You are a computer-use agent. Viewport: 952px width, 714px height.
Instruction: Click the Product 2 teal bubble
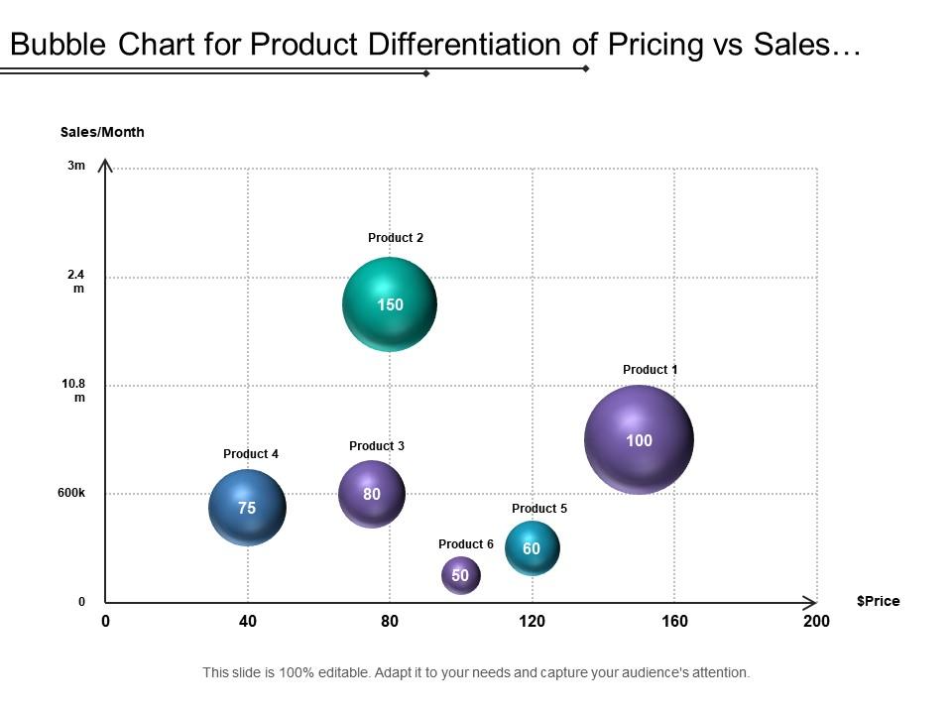click(x=390, y=304)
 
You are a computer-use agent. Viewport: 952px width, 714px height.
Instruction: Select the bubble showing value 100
click(x=639, y=439)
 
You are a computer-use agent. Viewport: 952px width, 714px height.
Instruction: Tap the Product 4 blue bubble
click(x=247, y=508)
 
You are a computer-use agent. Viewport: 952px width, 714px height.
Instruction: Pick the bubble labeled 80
click(x=372, y=494)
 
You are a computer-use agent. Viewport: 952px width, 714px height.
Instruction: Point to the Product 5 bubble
click(x=533, y=548)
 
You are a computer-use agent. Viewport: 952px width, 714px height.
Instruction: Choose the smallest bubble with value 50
click(x=460, y=575)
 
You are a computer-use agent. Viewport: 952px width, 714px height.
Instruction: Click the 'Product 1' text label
click(x=650, y=370)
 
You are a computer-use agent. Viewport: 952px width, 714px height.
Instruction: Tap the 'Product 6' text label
click(x=465, y=544)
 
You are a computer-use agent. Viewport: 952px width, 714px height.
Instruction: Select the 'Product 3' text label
click(x=377, y=446)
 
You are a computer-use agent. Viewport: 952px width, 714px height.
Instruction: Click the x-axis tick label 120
click(x=533, y=622)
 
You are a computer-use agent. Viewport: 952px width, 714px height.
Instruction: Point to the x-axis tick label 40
click(x=248, y=622)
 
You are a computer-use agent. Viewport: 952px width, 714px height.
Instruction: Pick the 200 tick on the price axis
click(x=816, y=622)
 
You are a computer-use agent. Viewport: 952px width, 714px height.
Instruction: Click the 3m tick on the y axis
click(x=76, y=167)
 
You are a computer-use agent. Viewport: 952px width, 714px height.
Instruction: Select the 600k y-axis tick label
click(x=72, y=493)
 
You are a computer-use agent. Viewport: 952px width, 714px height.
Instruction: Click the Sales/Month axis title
click(x=102, y=132)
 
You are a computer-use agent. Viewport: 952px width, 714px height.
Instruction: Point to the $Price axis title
click(x=878, y=601)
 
